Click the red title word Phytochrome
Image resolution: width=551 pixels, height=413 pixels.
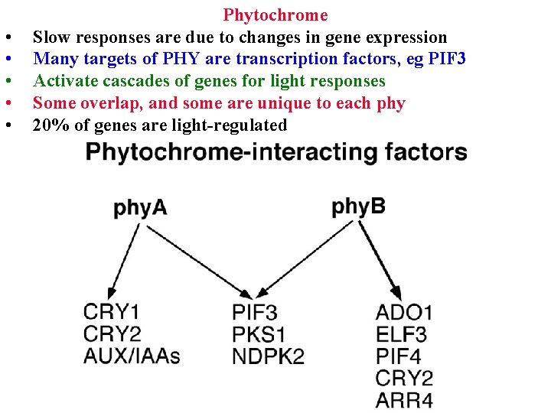click(x=275, y=15)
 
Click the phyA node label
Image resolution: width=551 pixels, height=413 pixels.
click(x=140, y=208)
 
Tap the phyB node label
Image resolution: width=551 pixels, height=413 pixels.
click(x=359, y=206)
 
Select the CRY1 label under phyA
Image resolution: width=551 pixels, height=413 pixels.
click(x=112, y=312)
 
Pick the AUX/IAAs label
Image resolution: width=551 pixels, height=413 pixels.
click(x=132, y=356)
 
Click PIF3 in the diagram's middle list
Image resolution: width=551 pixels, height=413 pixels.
click(x=255, y=312)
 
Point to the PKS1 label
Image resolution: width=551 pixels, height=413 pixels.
click(x=259, y=334)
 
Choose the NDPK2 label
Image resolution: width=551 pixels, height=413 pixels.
click(x=268, y=356)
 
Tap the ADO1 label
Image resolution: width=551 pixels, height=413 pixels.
click(x=404, y=312)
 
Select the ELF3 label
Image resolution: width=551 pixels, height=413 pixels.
click(x=402, y=334)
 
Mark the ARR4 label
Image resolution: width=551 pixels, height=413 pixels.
click(x=404, y=399)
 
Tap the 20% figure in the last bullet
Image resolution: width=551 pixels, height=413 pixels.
click(x=47, y=125)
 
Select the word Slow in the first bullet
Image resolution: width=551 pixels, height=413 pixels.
click(x=51, y=37)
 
